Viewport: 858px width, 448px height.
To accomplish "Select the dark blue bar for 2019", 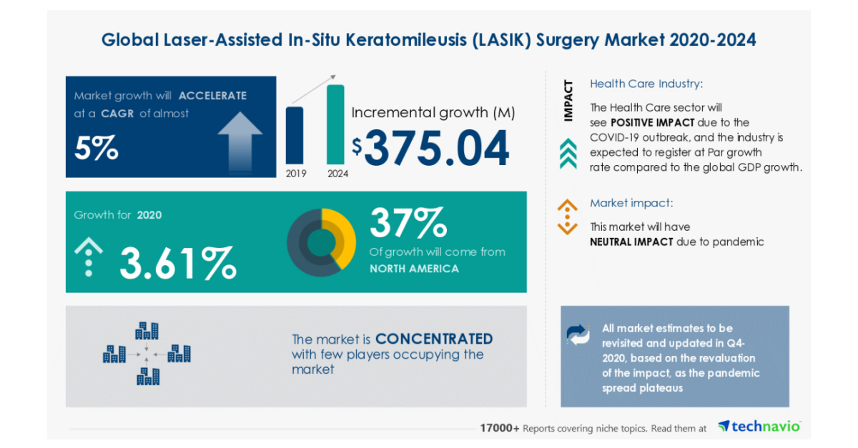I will coord(294,135).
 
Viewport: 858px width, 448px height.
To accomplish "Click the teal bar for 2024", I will coord(335,124).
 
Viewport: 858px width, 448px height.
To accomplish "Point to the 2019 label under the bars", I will coord(294,173).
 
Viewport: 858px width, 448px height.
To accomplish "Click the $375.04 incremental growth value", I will coord(431,148).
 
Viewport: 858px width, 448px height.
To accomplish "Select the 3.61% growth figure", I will coord(177,262).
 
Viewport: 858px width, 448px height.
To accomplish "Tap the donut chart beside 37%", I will coord(321,242).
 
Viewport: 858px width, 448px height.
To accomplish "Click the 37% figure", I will coord(408,223).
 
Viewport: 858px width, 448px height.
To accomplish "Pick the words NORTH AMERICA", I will coord(414,269).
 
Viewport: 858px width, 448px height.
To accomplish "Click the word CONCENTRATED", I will coord(434,339).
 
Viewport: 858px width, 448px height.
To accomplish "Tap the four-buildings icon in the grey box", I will coord(147,354).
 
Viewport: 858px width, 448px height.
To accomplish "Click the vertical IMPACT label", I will coord(568,100).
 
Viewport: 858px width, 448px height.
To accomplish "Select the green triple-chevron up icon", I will coord(568,154).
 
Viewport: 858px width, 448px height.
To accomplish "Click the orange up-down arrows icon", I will coord(567,217).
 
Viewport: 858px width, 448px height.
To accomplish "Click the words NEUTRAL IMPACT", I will coord(631,242).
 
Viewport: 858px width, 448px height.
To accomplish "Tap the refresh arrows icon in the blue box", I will coord(578,334).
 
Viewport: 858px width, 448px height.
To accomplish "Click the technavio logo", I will coord(759,427).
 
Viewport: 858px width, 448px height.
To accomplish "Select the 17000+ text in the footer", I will coord(500,428).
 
